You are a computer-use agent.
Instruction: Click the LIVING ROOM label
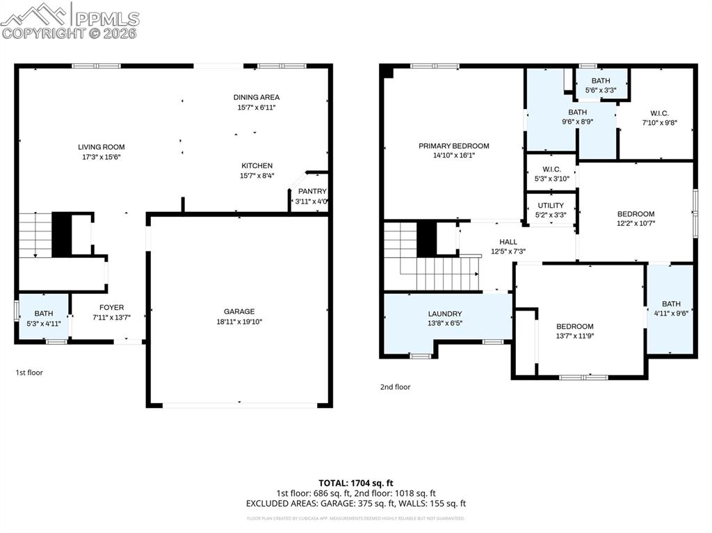102,147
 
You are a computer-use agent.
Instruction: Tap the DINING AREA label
257,97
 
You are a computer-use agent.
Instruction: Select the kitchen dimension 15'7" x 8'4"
257,176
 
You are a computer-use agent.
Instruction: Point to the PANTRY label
311,192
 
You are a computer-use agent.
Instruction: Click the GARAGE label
239,311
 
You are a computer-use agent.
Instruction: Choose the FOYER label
111,307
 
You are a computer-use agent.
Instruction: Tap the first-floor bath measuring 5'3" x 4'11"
44,318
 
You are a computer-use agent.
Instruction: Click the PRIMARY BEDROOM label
453,146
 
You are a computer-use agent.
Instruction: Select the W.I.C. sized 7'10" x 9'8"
659,117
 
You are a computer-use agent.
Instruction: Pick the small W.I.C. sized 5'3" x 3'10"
551,174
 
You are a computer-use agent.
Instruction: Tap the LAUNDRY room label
445,313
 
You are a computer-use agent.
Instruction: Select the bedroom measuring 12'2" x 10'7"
636,218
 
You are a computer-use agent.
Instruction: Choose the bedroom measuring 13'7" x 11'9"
574,331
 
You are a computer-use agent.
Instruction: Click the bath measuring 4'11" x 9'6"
671,309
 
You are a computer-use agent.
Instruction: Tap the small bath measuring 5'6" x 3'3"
601,85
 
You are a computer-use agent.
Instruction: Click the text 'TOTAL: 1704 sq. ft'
356,482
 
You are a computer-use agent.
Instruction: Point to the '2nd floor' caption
395,387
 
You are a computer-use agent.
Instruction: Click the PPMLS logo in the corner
70,21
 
